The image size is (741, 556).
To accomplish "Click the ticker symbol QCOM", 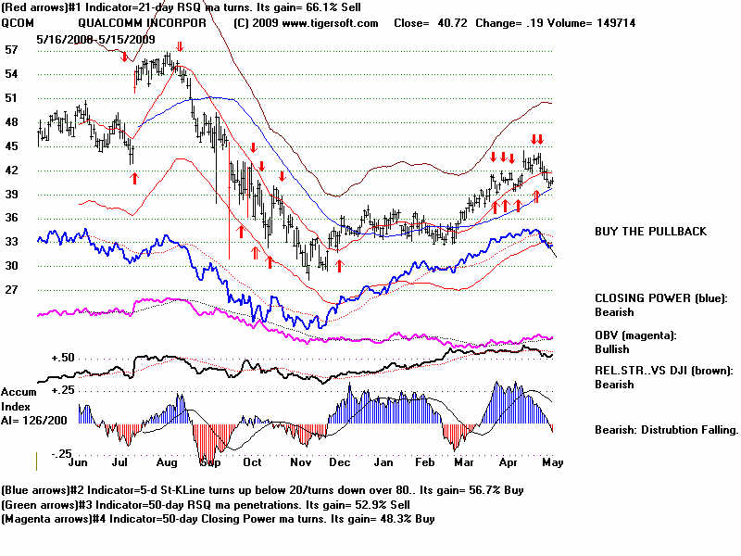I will point(19,23).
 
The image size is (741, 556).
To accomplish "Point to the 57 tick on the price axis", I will point(12,49).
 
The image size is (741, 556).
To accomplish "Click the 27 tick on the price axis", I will point(12,290).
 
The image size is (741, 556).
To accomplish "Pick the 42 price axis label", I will point(12,171).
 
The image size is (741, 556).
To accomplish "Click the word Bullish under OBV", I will point(612,349).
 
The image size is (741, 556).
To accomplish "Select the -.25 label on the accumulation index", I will point(60,453).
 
